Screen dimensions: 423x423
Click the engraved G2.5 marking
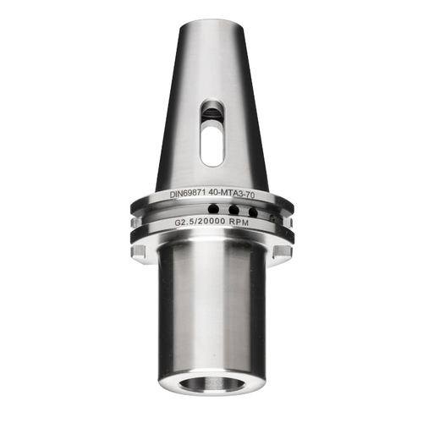pos(186,222)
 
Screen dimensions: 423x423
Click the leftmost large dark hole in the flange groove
pos(214,208)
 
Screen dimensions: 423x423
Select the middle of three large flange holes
pos(233,210)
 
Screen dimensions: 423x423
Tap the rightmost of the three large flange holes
pos(251,211)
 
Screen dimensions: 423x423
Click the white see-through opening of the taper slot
pos(211,142)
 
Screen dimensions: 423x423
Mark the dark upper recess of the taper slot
pos(212,111)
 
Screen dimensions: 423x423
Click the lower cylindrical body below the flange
pos(211,313)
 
